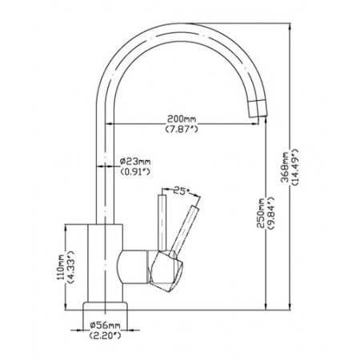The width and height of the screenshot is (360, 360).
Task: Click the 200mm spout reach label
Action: click(x=182, y=118)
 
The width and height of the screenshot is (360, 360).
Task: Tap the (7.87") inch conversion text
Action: click(x=182, y=130)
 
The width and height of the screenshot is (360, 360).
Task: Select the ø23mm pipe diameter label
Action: click(x=135, y=162)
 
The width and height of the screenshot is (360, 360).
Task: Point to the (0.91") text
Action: click(x=135, y=171)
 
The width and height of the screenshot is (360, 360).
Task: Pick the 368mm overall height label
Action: click(x=286, y=167)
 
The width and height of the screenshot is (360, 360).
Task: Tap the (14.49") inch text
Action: click(x=295, y=167)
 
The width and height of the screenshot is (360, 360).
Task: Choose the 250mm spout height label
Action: click(x=260, y=214)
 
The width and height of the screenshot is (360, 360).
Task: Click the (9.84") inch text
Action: click(x=270, y=214)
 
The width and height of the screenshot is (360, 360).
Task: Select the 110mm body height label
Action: click(x=60, y=267)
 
